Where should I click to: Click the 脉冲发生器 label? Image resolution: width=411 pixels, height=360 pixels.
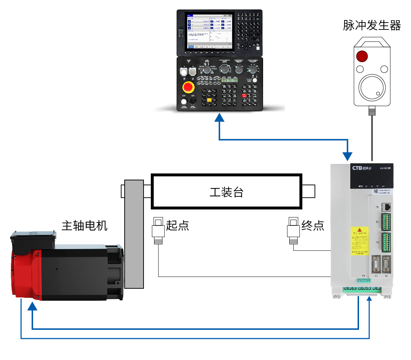coord(372,25)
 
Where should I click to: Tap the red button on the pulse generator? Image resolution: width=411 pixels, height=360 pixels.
coord(362,56)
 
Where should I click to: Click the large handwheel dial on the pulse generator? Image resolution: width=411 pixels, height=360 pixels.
coord(372,88)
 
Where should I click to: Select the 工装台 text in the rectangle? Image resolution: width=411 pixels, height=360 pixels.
coord(226,192)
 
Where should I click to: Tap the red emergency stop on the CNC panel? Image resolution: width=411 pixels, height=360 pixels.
coord(188,87)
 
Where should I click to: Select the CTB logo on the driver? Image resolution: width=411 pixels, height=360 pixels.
coord(358,168)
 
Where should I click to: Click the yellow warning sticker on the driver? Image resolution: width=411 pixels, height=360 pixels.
coord(359,241)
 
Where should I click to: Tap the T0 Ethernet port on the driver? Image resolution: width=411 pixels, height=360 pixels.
coord(388,207)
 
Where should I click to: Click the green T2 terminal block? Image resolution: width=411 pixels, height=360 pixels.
coord(386,222)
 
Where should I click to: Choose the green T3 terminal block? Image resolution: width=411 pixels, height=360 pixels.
coord(386,243)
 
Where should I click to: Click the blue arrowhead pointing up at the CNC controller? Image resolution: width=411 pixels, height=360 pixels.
coord(219,118)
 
